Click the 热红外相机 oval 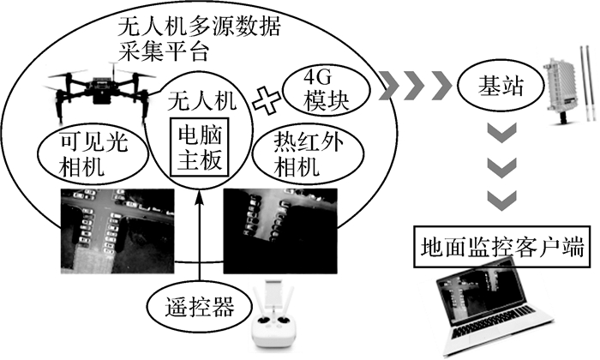pyautogui.click(x=299, y=154)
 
